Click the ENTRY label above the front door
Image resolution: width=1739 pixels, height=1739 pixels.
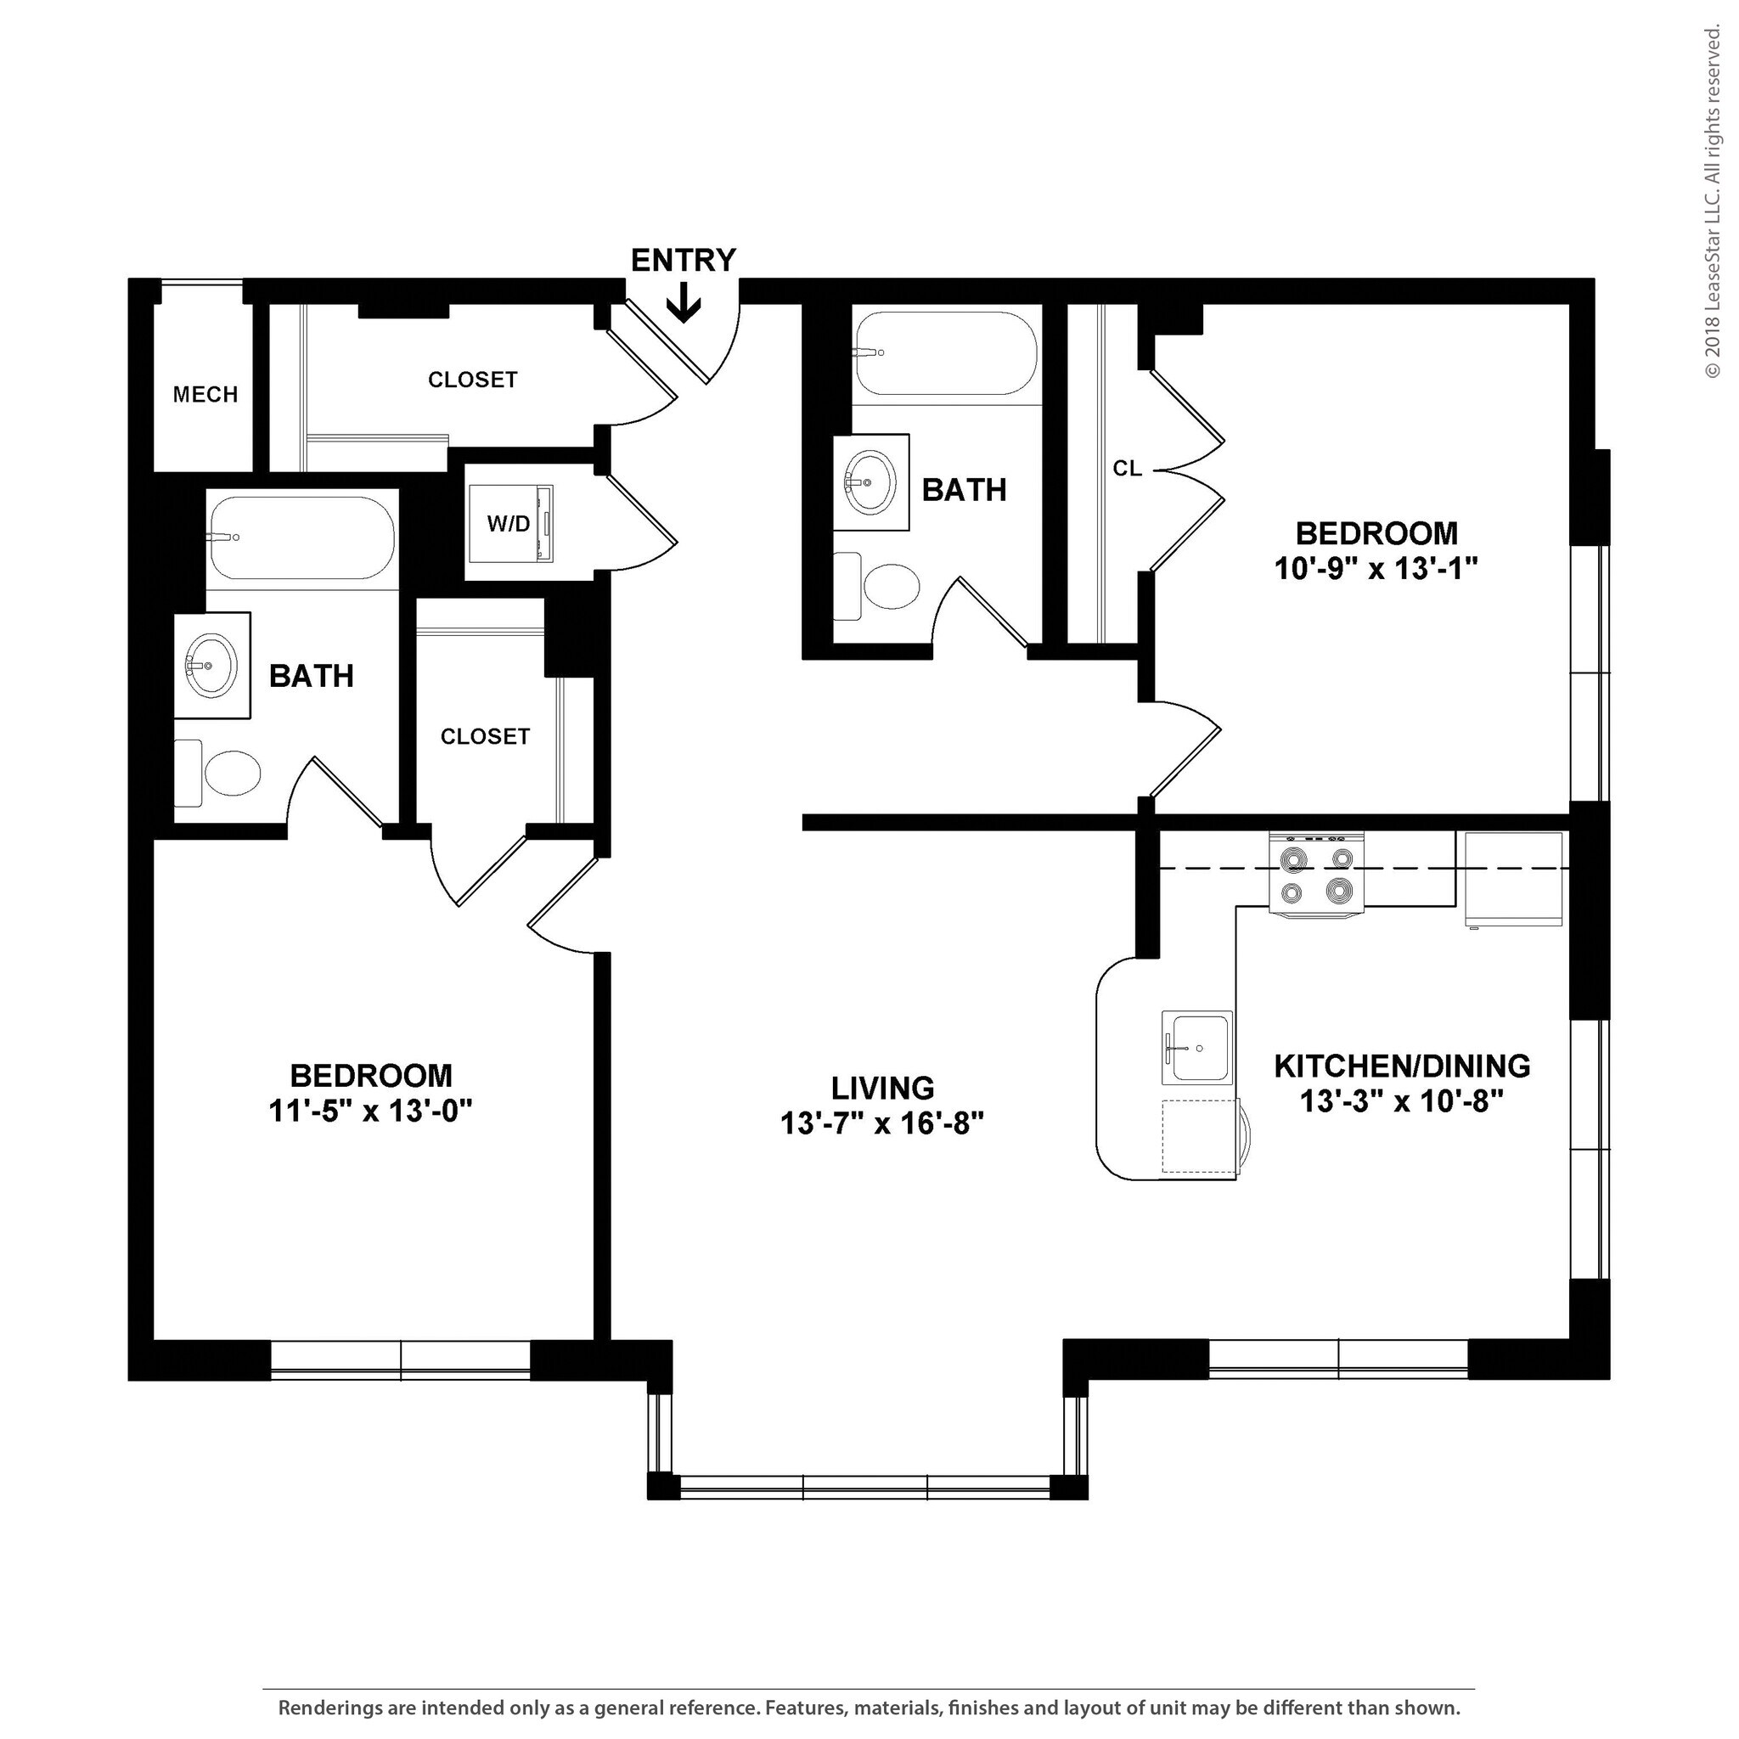[x=684, y=261]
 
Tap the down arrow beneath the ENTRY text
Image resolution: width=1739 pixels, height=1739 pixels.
[x=684, y=303]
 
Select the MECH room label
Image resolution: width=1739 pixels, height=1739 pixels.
[x=205, y=394]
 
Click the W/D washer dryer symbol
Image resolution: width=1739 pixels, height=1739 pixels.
[x=510, y=524]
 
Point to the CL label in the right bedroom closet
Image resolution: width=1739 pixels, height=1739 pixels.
[x=1127, y=468]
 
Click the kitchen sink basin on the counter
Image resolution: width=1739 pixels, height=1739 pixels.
[x=1196, y=1048]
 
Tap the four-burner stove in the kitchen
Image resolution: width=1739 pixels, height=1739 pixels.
[x=1316, y=874]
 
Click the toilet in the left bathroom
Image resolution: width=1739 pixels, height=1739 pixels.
[x=221, y=774]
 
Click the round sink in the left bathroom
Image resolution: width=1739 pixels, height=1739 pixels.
[x=211, y=665]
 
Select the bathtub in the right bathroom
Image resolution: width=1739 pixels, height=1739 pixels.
[x=946, y=354]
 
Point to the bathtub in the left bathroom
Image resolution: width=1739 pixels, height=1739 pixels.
[x=301, y=538]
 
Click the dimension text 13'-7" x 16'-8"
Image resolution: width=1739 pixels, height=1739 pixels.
[x=881, y=1124]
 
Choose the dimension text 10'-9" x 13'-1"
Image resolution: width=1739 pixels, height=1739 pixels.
[x=1376, y=569]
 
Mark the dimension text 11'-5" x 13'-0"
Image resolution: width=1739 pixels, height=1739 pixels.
[x=370, y=1111]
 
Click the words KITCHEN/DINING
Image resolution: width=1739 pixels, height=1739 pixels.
[x=1401, y=1066]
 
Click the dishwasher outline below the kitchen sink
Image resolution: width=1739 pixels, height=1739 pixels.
[x=1199, y=1136]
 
